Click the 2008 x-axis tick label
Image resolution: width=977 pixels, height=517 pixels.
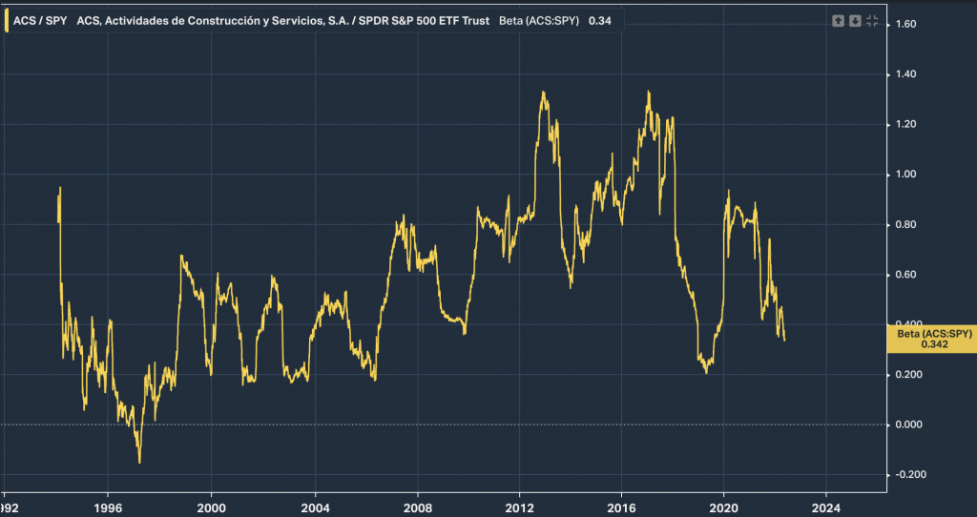[416, 507]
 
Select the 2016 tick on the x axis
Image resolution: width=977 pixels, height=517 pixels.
[621, 507]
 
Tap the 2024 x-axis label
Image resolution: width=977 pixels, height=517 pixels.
[826, 507]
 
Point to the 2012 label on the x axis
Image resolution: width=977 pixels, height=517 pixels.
[518, 507]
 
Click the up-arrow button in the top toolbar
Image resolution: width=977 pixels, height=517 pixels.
[838, 21]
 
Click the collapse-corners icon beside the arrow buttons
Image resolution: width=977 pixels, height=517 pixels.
[872, 21]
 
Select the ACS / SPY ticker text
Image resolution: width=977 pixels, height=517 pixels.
[40, 20]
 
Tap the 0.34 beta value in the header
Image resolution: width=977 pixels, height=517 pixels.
[599, 20]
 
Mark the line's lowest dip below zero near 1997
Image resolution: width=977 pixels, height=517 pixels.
[139, 463]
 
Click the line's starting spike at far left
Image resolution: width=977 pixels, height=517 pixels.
[60, 188]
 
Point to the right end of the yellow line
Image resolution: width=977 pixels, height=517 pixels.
[785, 340]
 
